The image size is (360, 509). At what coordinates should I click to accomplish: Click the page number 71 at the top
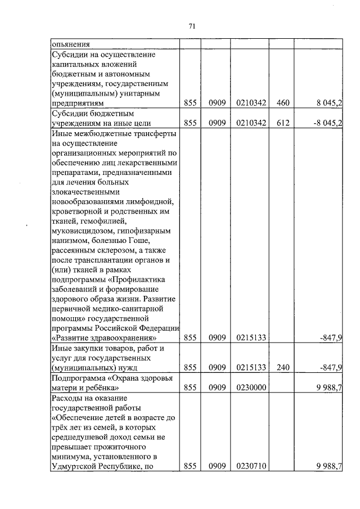click(x=191, y=26)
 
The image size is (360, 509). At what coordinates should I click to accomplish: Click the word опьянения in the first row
click(x=71, y=44)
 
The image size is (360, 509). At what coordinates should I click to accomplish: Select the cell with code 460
click(x=282, y=102)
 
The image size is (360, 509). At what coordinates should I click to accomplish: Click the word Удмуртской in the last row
click(x=73, y=466)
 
